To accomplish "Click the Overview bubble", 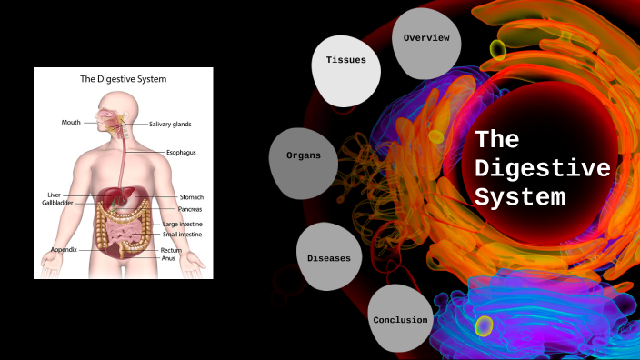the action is pos(426,38).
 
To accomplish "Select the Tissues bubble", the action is pos(345,61).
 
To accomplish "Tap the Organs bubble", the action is pos(303,156).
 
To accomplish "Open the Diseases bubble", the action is pos(328,258).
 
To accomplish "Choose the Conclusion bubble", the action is pos(399,320).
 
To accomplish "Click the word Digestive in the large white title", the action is pos(543,168).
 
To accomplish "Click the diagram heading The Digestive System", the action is pos(123,79).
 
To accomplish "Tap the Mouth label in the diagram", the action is pos(72,122).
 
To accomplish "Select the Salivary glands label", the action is pos(171,124).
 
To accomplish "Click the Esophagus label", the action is pos(181,152).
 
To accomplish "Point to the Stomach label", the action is pos(191,196).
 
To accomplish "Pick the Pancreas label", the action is pos(189,209).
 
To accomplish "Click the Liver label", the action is pos(54,195).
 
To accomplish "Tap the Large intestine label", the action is pos(183,224).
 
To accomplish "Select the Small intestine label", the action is pos(183,234).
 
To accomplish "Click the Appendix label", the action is pos(64,249).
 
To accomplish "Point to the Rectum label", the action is pos(172,250).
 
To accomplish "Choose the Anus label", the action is pos(168,258).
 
